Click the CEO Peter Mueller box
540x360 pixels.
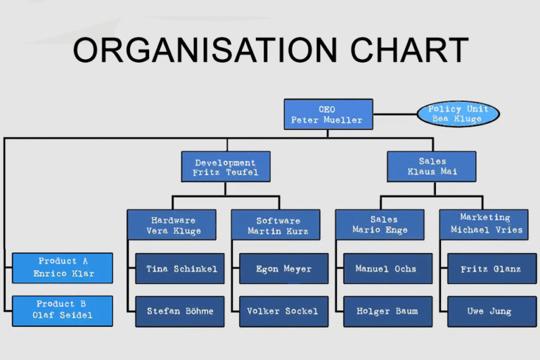click(328, 115)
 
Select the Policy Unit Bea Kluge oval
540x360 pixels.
click(458, 114)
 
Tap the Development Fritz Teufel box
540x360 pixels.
click(226, 167)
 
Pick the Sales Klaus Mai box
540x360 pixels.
click(431, 167)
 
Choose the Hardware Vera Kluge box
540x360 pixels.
click(172, 225)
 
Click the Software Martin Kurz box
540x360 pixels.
click(278, 225)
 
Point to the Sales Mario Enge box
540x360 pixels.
click(380, 224)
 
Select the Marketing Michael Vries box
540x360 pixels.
click(486, 224)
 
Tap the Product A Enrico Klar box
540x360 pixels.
click(63, 268)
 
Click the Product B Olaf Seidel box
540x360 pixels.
click(63, 311)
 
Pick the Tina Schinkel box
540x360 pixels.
click(180, 269)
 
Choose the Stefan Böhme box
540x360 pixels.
click(180, 311)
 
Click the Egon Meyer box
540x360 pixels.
click(283, 269)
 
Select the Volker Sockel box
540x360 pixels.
click(283, 311)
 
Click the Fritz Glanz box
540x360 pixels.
click(491, 269)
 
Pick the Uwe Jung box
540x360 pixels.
click(491, 311)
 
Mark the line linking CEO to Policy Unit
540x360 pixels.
click(394, 114)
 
